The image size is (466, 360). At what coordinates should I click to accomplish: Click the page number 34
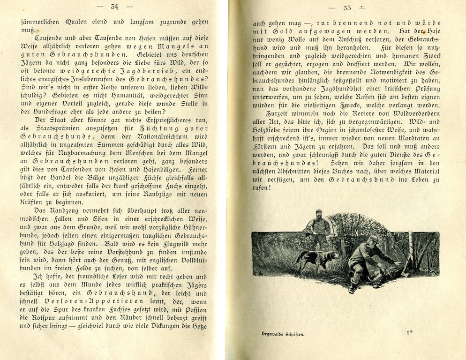[114, 7]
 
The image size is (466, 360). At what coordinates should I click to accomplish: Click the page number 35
[347, 7]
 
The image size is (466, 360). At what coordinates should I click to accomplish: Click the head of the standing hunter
[319, 214]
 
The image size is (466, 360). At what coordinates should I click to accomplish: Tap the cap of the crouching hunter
[373, 239]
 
